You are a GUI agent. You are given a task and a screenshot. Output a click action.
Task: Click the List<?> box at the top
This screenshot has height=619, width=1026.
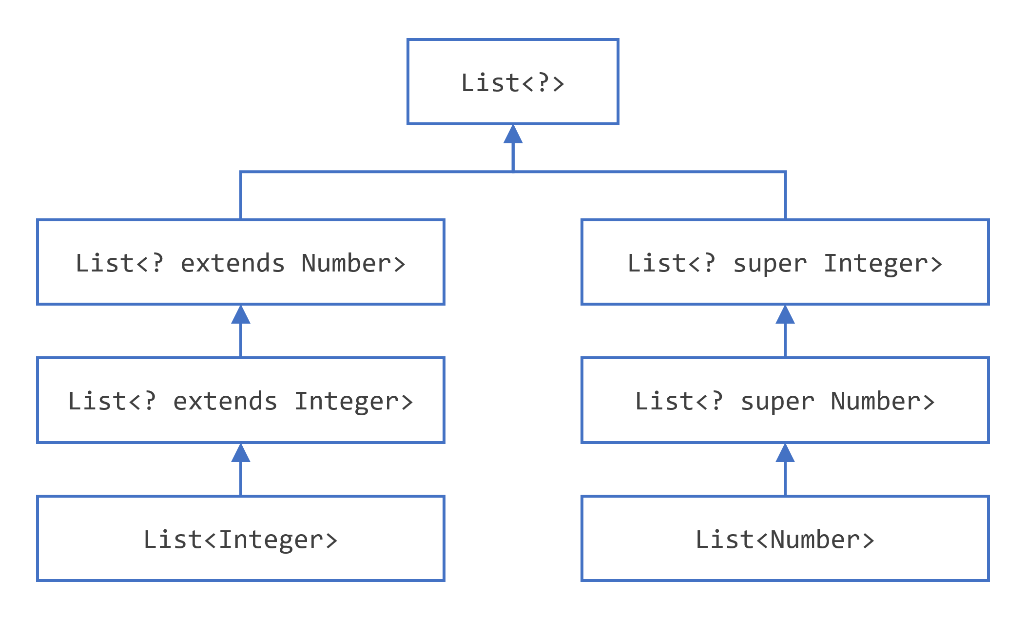(x=513, y=82)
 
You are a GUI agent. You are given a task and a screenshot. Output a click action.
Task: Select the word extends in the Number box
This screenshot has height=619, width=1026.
(x=232, y=263)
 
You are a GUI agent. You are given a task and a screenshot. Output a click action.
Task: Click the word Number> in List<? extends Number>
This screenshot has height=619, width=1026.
(x=353, y=263)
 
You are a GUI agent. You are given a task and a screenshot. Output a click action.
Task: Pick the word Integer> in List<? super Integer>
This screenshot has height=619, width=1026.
(x=883, y=264)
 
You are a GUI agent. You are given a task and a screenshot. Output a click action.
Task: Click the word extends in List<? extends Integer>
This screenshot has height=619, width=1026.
(x=225, y=401)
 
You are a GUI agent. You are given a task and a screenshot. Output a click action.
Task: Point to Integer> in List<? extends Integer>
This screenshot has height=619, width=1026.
(x=353, y=402)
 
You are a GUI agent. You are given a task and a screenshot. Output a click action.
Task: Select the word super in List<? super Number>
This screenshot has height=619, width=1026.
(x=777, y=402)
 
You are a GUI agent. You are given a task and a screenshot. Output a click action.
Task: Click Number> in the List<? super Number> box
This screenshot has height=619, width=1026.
(x=883, y=401)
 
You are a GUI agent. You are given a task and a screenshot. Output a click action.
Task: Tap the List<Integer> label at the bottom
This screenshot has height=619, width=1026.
(x=240, y=540)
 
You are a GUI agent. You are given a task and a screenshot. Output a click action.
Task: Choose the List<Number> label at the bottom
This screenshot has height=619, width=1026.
(x=785, y=540)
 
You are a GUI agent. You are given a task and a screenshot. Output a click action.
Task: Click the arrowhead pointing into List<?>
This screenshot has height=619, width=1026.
(x=513, y=135)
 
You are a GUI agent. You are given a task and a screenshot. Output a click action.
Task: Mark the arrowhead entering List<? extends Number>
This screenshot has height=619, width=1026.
(x=241, y=315)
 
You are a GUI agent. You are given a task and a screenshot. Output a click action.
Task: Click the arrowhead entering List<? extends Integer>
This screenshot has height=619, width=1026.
(x=241, y=453)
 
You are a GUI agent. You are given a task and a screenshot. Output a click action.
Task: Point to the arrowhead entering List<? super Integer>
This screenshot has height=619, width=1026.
(x=785, y=315)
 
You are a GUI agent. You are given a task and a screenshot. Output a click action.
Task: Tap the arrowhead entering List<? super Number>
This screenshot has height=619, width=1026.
(x=785, y=453)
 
